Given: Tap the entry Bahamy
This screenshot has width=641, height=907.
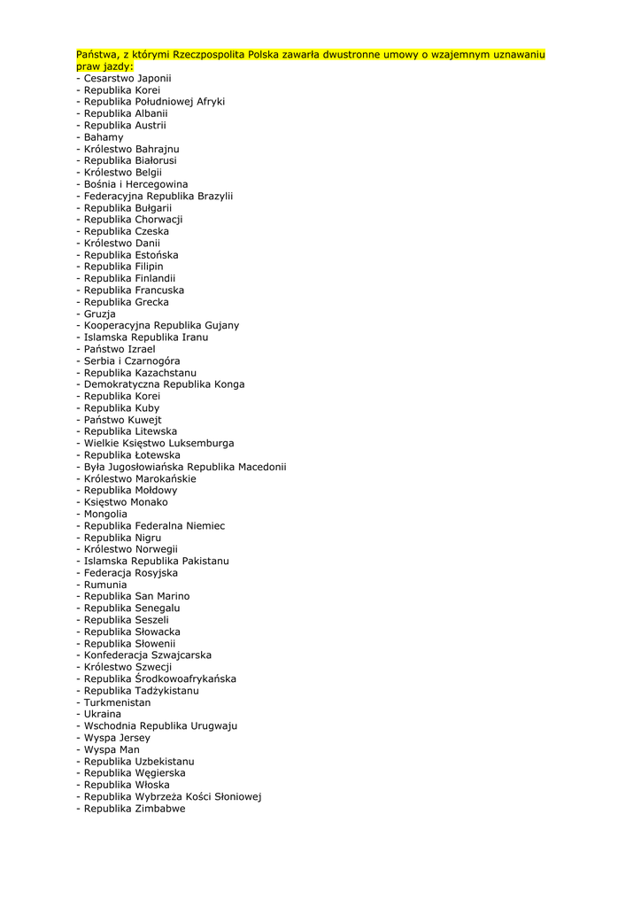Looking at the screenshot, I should click(x=104, y=137).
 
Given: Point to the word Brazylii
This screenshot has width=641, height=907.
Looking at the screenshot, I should click(x=215, y=196).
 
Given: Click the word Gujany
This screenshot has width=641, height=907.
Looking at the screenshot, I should click(x=222, y=325).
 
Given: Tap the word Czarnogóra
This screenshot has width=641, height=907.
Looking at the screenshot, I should click(x=151, y=360).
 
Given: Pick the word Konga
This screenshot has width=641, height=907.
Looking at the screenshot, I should click(x=228, y=384).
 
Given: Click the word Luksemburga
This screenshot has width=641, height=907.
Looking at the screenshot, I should click(x=201, y=443).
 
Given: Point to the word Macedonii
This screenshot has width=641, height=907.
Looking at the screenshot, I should click(x=262, y=467).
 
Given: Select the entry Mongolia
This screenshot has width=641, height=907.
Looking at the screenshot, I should click(x=105, y=514).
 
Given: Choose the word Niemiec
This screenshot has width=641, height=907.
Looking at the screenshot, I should click(x=205, y=525).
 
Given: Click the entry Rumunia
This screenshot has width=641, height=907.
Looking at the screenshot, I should click(x=105, y=585).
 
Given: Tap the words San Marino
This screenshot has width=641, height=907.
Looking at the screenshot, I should click(x=162, y=596).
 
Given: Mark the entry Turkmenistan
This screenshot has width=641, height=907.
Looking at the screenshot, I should click(x=117, y=702).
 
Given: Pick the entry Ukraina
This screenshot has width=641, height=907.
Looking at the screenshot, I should click(x=103, y=714).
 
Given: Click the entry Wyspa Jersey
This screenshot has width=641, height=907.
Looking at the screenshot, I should click(x=117, y=737).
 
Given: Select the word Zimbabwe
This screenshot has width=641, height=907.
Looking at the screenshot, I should click(x=160, y=808).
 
